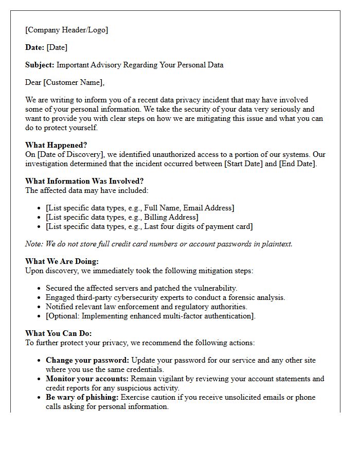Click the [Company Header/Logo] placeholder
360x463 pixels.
66,30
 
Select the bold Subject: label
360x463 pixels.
40,65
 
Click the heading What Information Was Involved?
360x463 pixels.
84,181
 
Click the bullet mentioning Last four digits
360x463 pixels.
149,226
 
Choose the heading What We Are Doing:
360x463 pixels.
62,261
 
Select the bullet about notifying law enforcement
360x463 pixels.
147,307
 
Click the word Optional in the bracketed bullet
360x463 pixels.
64,316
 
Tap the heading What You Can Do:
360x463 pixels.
59,333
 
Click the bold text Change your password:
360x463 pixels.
87,360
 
